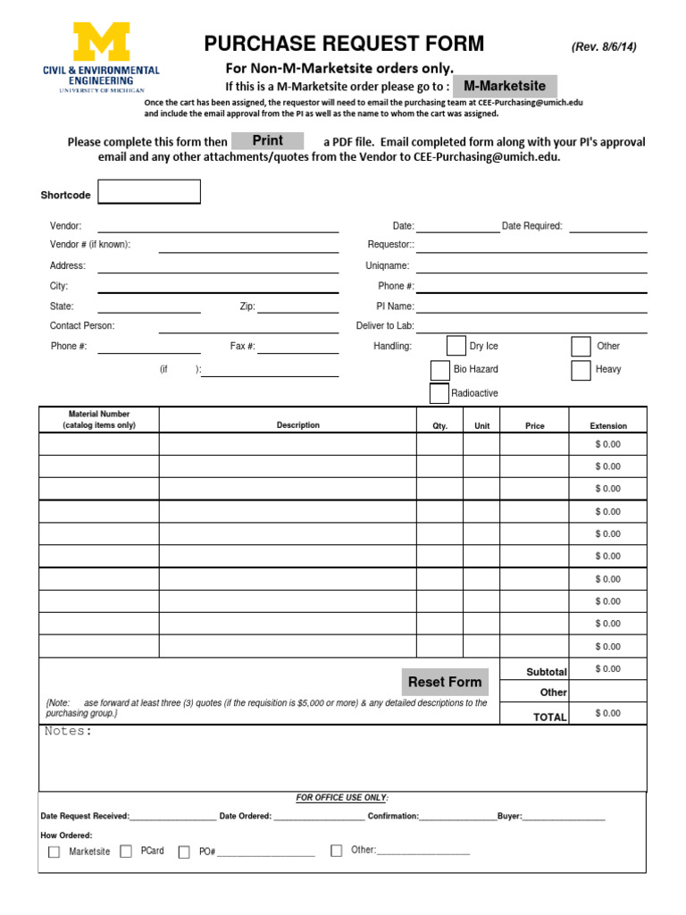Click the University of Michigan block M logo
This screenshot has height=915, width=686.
(x=101, y=41)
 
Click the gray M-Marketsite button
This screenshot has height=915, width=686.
(x=505, y=87)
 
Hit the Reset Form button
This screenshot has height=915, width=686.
(x=445, y=682)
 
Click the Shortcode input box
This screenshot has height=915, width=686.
(x=149, y=192)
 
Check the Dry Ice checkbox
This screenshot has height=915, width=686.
(x=456, y=347)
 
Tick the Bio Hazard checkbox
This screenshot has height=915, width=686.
(x=439, y=370)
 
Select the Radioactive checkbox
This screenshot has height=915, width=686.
(x=439, y=393)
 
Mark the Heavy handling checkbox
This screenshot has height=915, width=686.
(x=581, y=370)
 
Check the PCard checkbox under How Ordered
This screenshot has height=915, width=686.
(x=126, y=852)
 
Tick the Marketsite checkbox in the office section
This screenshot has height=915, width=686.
(x=54, y=852)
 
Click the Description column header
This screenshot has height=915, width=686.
(x=297, y=425)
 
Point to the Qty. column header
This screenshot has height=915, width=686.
(x=439, y=426)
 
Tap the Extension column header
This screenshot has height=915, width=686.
(x=608, y=426)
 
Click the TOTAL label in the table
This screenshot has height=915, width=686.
(x=549, y=717)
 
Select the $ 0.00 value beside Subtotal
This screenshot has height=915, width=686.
(x=607, y=669)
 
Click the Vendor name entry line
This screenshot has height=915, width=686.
(x=218, y=227)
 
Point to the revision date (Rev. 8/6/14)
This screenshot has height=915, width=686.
(x=604, y=47)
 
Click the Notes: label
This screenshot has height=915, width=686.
(x=69, y=732)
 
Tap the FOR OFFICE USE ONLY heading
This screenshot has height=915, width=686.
(x=342, y=797)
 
